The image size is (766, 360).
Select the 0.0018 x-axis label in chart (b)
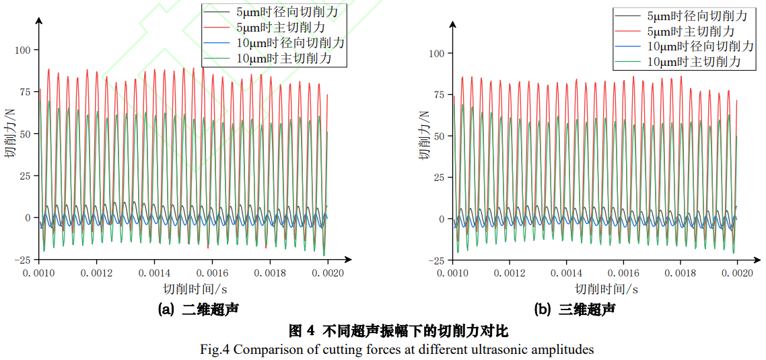point(680,274)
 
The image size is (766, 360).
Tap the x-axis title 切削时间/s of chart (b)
point(606,289)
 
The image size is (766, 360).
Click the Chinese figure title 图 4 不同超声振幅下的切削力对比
point(398,330)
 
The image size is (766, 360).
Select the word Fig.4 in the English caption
point(215,349)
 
